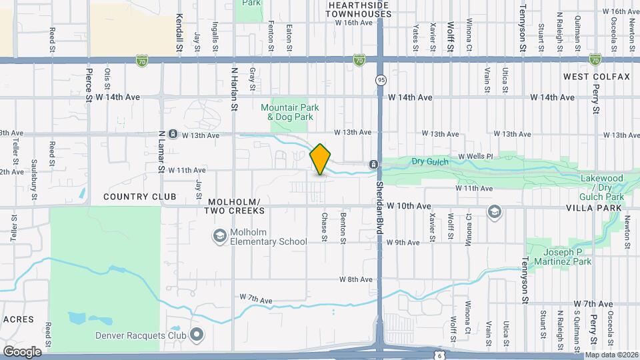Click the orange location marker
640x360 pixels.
[x=321, y=159]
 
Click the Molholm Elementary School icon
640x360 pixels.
[x=219, y=235]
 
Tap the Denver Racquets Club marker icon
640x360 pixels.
[x=196, y=335]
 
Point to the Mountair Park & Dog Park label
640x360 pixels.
[x=289, y=112]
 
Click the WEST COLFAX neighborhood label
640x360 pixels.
[x=596, y=77]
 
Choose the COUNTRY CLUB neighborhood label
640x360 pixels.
[x=140, y=197]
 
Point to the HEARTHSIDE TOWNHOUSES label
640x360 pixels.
[x=359, y=9]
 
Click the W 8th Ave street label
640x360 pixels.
[x=355, y=279]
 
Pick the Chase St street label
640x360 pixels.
[x=324, y=226]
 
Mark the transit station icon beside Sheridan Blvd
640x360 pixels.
[x=374, y=164]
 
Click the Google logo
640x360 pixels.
[x=22, y=351]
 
